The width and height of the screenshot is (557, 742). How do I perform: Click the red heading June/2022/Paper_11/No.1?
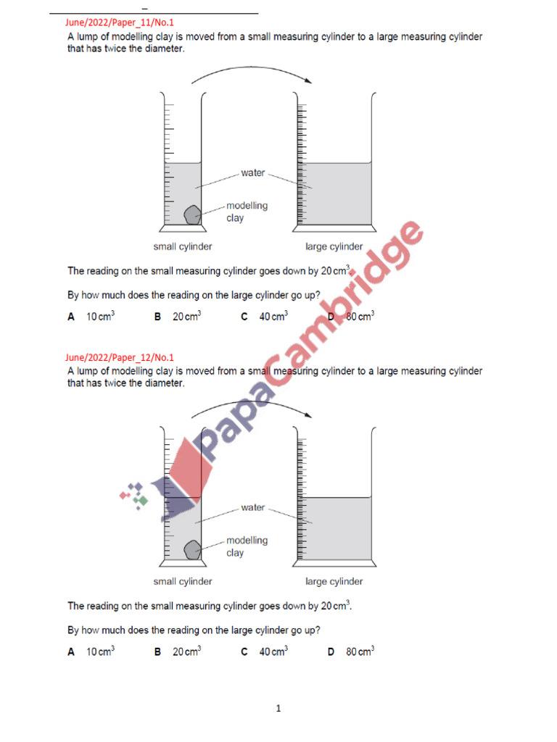tap(119, 22)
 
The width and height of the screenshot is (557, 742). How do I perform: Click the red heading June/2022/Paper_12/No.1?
tap(119, 357)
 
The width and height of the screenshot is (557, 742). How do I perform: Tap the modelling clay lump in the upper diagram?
tap(192, 215)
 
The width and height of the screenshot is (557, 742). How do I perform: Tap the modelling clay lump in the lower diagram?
tap(192, 550)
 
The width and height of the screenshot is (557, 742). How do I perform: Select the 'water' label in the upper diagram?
tap(253, 173)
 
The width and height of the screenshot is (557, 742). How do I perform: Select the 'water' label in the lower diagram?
tap(253, 508)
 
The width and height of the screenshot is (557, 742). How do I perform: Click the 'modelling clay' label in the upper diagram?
tap(247, 212)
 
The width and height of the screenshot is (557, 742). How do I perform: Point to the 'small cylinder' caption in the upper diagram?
tap(183, 247)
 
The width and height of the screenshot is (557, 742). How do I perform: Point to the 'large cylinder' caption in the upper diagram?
tap(334, 247)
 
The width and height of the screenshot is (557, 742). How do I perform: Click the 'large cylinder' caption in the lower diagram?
tap(334, 582)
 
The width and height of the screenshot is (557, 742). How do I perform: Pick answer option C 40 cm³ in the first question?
tap(265, 317)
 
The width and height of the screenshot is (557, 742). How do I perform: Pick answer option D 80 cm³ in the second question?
tap(351, 651)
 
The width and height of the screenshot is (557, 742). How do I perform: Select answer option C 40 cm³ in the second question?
tap(265, 651)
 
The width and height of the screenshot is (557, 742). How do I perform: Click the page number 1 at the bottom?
tap(278, 709)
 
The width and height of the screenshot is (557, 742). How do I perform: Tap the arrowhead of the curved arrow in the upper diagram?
tap(308, 80)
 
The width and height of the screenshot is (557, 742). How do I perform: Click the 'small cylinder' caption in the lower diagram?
tap(183, 582)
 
